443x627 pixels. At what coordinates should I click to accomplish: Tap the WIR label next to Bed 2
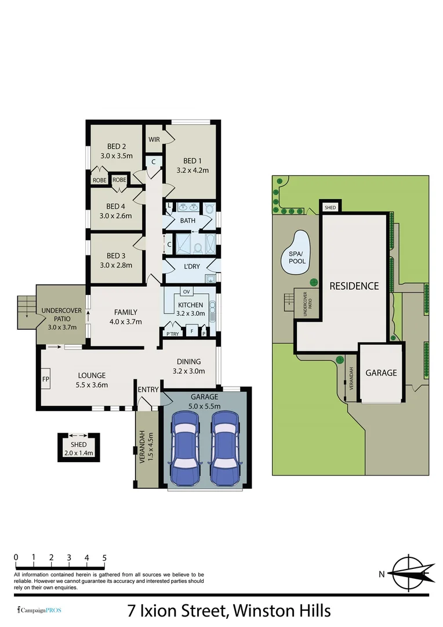pyautogui.click(x=154, y=139)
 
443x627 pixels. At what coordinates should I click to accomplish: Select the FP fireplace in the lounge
pyautogui.click(x=46, y=379)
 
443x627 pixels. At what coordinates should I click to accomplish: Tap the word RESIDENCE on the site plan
pyautogui.click(x=354, y=286)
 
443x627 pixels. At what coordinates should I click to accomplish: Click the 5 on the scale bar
pyautogui.click(x=104, y=558)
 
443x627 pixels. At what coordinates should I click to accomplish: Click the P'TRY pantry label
pyautogui.click(x=172, y=334)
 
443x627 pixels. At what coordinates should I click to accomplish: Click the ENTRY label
pyautogui.click(x=148, y=389)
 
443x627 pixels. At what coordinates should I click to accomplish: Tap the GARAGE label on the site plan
pyautogui.click(x=381, y=373)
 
